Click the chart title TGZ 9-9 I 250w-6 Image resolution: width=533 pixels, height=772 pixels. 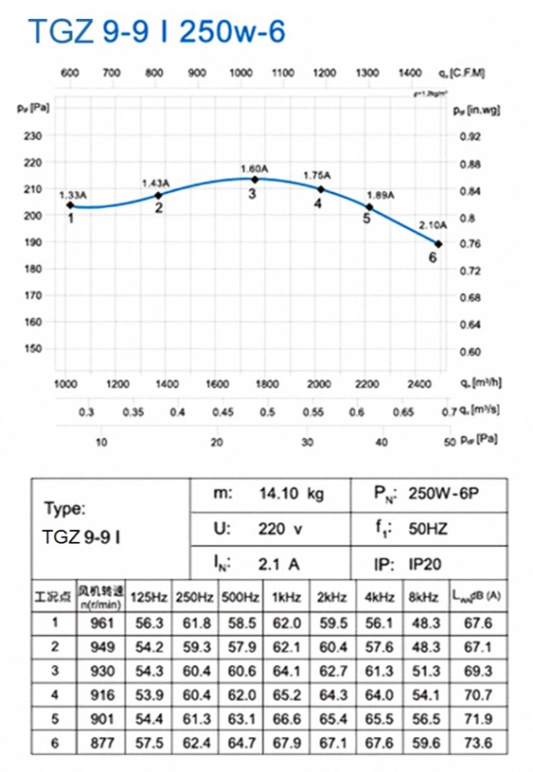[156, 32]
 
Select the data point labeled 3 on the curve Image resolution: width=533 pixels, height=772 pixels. [253, 179]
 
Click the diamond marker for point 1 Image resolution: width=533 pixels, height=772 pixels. [70, 205]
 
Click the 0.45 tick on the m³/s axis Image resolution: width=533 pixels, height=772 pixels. [223, 412]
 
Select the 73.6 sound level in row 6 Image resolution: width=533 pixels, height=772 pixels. [479, 745]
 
